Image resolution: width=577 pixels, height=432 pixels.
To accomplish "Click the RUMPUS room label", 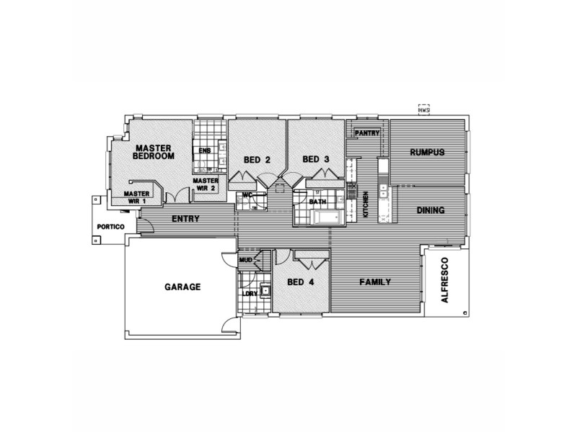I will pyautogui.click(x=426, y=152).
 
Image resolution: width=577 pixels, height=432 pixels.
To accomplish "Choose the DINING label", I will pyautogui.click(x=430, y=210).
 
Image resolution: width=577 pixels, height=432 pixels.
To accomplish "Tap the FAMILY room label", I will pyautogui.click(x=375, y=282).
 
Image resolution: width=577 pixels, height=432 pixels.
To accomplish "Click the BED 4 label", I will pyautogui.click(x=300, y=282).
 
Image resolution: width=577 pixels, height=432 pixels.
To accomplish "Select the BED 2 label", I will pyautogui.click(x=256, y=160).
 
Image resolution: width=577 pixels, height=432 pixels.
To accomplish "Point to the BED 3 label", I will pyautogui.click(x=316, y=159).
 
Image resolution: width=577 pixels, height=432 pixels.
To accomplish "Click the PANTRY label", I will pyautogui.click(x=367, y=132).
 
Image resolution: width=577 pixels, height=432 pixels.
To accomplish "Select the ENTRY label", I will pyautogui.click(x=185, y=218).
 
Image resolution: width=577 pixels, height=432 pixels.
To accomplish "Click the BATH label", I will pyautogui.click(x=318, y=202).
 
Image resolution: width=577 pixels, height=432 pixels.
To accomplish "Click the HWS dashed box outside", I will pyautogui.click(x=423, y=109).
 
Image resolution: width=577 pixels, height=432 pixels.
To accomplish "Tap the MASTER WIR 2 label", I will pyautogui.click(x=206, y=184).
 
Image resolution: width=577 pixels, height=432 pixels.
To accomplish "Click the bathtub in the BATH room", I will pyautogui.click(x=327, y=217).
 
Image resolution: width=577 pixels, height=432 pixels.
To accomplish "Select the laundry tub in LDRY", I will pyautogui.click(x=265, y=291).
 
